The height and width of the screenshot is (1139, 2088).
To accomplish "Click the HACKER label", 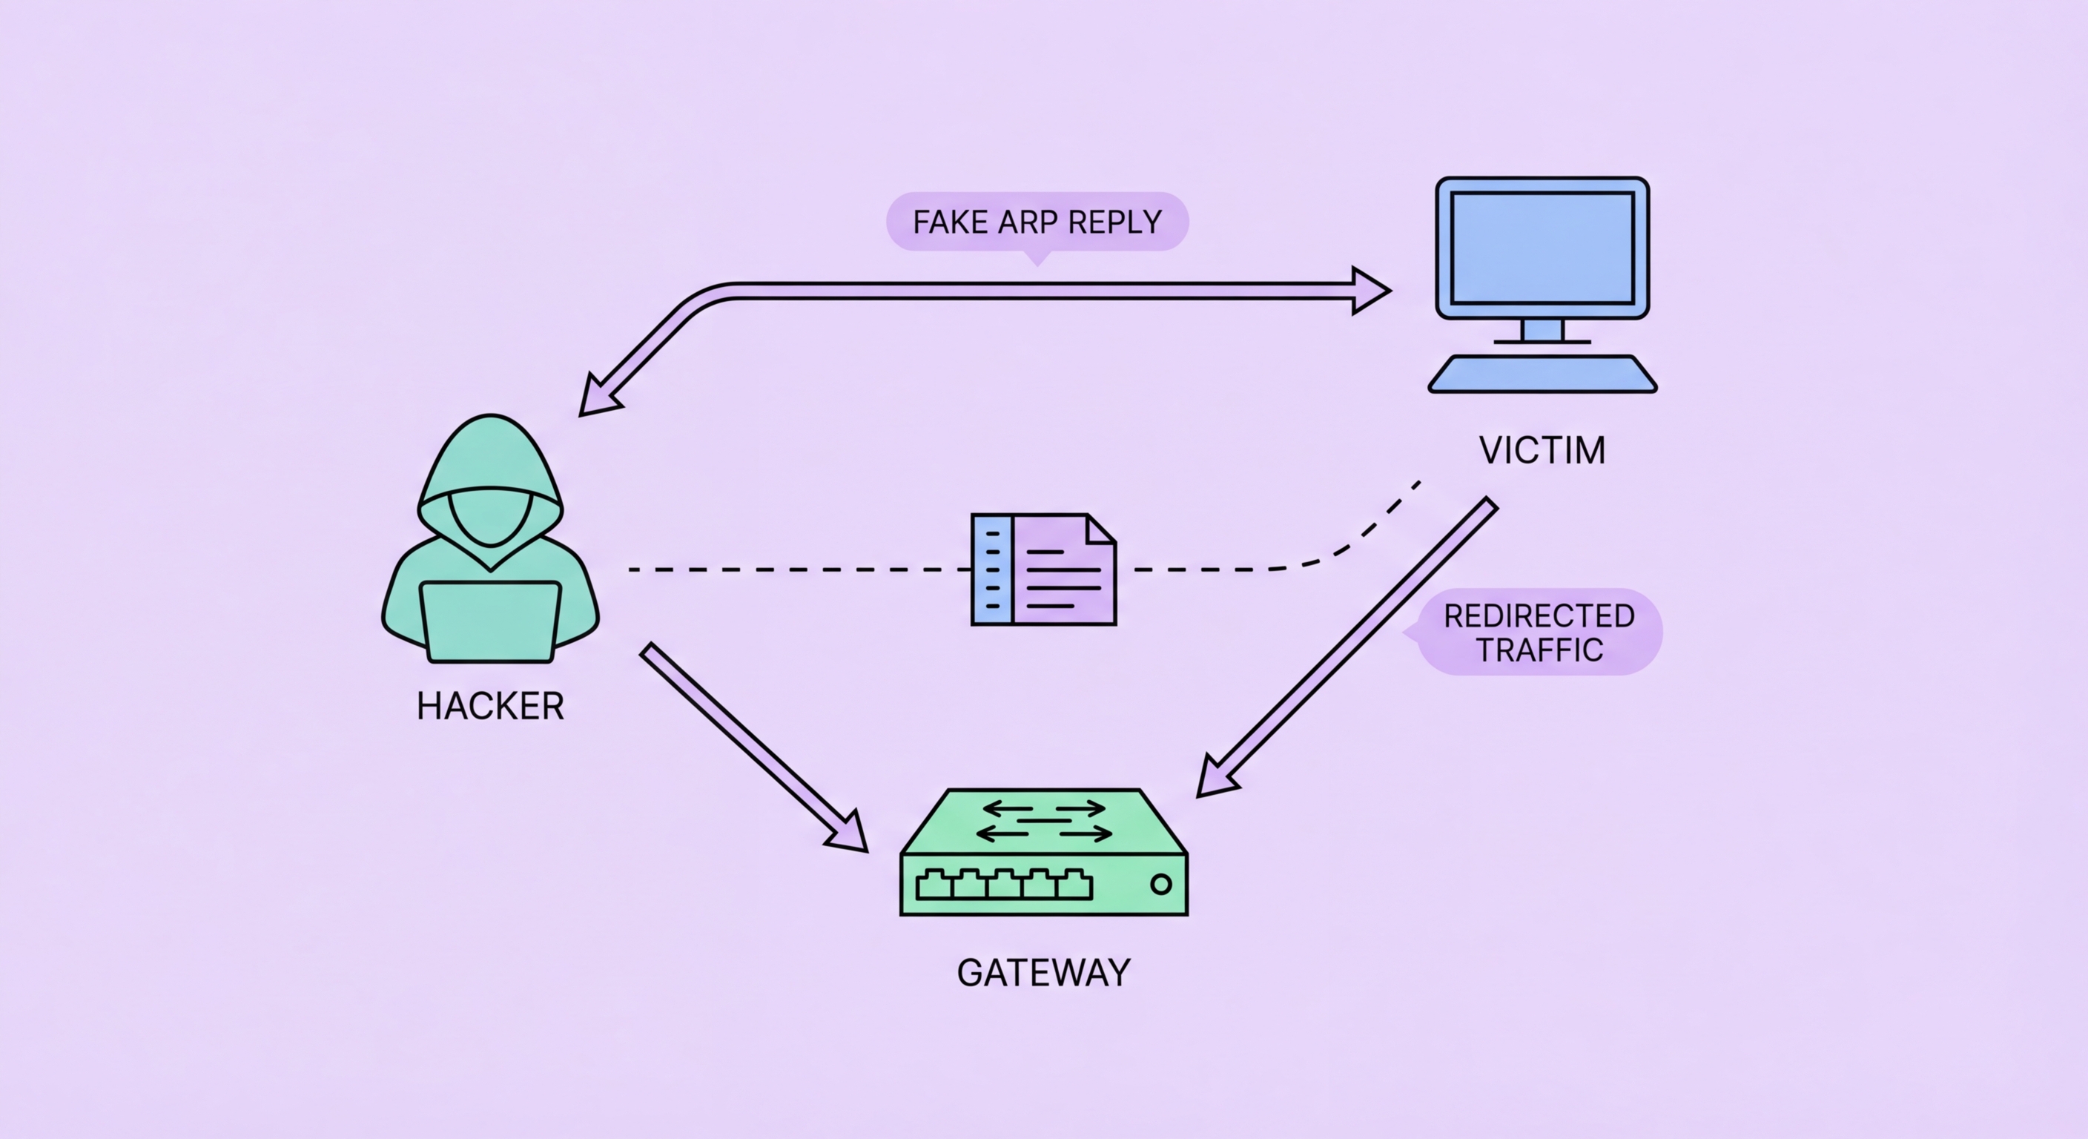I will click(489, 706).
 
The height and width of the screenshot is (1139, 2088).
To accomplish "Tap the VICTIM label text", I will click(1542, 451).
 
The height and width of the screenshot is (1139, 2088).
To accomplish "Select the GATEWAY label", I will click(1043, 973).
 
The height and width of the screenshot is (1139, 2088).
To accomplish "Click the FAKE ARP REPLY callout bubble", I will click(1037, 221).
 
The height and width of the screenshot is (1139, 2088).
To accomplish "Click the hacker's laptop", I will click(489, 621).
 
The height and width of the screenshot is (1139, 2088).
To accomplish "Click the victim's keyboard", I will click(1542, 374).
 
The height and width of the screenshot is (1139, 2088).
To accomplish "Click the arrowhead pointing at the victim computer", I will click(1370, 290).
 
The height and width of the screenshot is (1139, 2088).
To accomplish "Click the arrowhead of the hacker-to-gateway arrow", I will click(847, 833).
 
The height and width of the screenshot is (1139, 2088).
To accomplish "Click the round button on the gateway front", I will click(1160, 885).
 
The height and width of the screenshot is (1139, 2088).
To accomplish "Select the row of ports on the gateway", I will click(1004, 885).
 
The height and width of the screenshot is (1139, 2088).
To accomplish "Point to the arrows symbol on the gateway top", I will click(1043, 821).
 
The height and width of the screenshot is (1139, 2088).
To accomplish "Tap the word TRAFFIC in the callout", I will click(1539, 650).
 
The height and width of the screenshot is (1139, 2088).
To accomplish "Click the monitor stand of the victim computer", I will click(1542, 331).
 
